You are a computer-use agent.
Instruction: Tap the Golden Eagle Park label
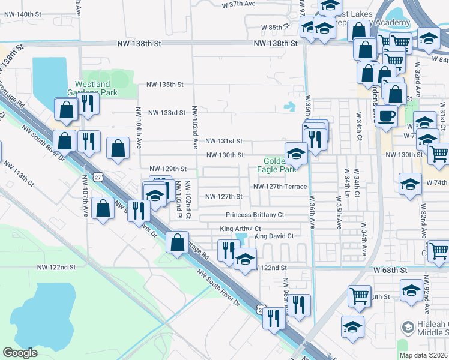[x=277, y=165]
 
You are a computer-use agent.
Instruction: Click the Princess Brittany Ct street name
[x=255, y=215]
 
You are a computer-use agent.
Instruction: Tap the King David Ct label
[x=274, y=236]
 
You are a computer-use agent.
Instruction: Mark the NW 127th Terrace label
[x=280, y=186]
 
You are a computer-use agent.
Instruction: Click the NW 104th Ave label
[x=139, y=128]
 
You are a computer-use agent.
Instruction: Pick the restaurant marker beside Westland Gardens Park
[x=88, y=103]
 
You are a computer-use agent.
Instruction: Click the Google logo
[x=20, y=353]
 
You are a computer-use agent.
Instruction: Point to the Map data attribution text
[x=424, y=355]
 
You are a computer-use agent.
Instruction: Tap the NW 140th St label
[x=22, y=14]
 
